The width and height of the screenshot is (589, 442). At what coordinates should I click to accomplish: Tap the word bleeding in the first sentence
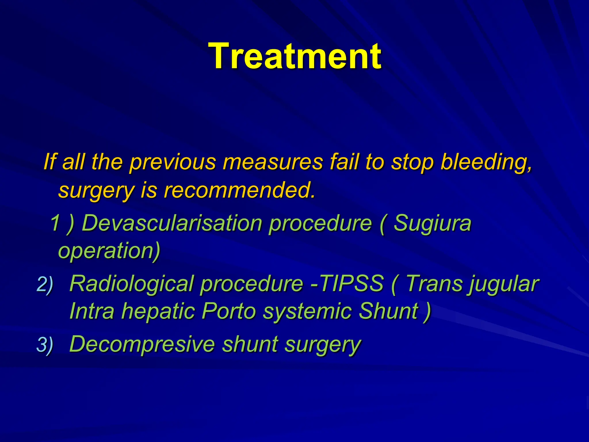(x=486, y=162)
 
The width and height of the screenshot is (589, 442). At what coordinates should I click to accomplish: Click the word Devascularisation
(x=172, y=223)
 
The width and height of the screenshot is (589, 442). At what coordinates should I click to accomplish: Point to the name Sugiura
(x=432, y=223)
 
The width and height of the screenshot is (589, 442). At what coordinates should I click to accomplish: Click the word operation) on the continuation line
(x=109, y=250)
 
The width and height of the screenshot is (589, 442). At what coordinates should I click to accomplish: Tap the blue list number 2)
(x=45, y=284)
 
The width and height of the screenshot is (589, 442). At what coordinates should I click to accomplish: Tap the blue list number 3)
(x=45, y=345)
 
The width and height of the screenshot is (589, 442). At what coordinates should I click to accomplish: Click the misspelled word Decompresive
(x=142, y=344)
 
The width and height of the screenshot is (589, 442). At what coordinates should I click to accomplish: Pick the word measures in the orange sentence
(x=273, y=162)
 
